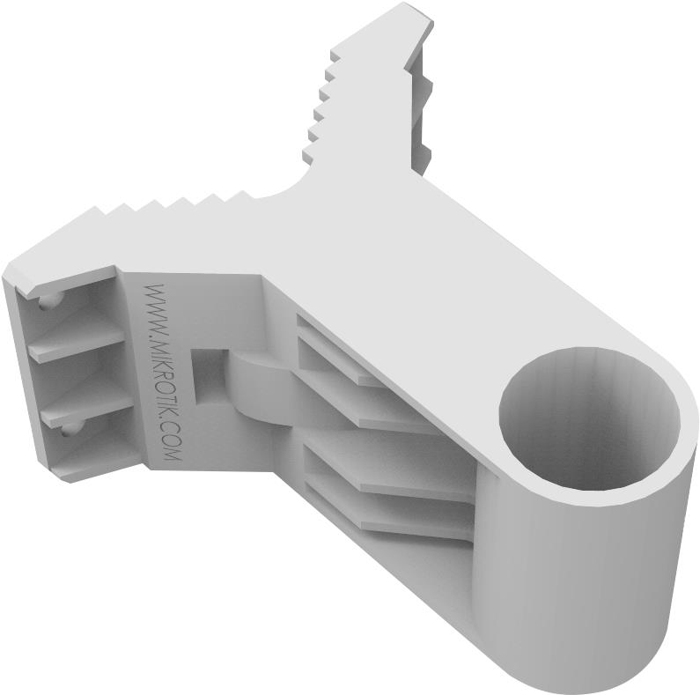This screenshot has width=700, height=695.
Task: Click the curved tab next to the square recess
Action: [x=255, y=388]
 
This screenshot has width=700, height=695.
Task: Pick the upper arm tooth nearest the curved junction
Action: [x=310, y=157]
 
